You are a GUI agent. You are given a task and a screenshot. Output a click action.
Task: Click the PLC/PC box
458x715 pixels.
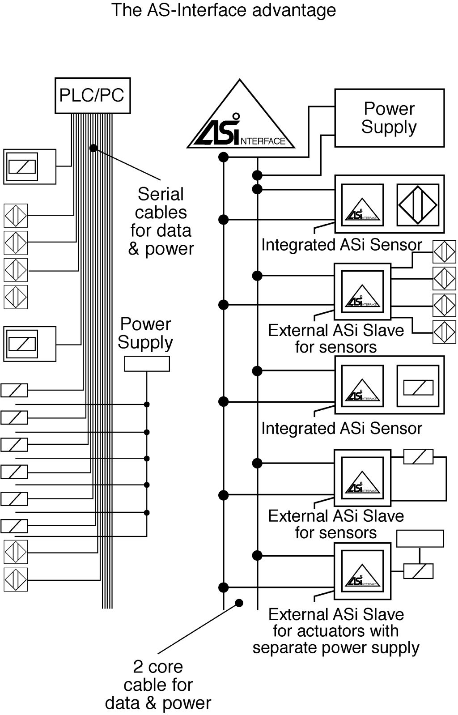[92, 95]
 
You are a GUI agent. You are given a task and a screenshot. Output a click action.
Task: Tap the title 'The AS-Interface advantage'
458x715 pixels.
[223, 10]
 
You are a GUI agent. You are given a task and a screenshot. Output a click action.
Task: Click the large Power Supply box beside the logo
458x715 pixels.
[389, 118]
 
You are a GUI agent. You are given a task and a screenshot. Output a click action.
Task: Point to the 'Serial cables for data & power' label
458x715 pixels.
[161, 221]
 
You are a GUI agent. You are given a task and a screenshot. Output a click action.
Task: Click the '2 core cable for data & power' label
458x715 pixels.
[158, 685]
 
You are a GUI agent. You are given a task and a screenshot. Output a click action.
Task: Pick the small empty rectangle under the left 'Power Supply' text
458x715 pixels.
[147, 364]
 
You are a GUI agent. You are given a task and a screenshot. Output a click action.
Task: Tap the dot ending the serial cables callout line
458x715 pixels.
[93, 148]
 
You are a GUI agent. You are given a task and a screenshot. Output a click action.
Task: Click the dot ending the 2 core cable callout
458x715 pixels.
[239, 603]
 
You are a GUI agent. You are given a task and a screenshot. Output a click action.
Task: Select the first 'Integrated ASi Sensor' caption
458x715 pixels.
[341, 245]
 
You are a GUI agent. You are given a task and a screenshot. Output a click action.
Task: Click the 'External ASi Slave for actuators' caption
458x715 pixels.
[336, 631]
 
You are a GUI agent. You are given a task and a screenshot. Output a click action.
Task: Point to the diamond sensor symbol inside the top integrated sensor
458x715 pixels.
[418, 204]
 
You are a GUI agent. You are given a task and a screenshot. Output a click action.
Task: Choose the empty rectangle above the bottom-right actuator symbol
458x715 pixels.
[420, 539]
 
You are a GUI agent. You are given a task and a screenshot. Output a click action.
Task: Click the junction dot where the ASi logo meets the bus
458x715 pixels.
[223, 157]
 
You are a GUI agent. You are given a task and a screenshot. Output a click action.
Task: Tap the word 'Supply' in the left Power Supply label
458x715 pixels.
[145, 342]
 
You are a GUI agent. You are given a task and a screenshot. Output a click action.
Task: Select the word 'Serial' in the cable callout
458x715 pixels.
[161, 194]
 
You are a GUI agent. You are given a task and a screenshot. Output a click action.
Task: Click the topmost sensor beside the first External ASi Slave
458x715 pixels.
[444, 251]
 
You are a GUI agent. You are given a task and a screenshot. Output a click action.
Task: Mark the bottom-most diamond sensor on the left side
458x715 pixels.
[16, 579]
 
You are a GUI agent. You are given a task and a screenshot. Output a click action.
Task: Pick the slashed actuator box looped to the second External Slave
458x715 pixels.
[418, 457]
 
